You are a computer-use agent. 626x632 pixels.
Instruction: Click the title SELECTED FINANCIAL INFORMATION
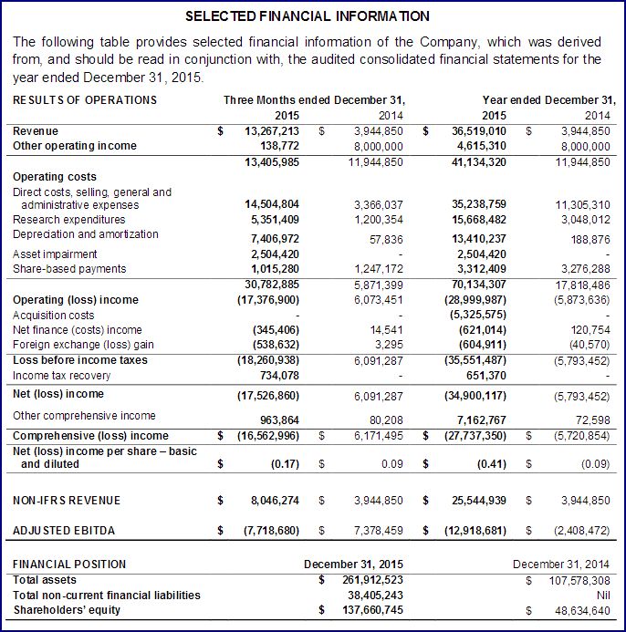pyautogui.click(x=308, y=16)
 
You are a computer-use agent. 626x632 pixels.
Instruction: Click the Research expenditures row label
pyautogui.click(x=69, y=220)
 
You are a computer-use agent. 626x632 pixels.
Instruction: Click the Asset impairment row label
pyautogui.click(x=56, y=254)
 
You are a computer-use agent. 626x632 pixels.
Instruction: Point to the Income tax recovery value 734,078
pyautogui.click(x=278, y=376)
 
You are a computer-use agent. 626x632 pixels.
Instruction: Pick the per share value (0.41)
pyautogui.click(x=490, y=464)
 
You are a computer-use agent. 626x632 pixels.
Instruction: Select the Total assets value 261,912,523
pyautogui.click(x=367, y=580)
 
